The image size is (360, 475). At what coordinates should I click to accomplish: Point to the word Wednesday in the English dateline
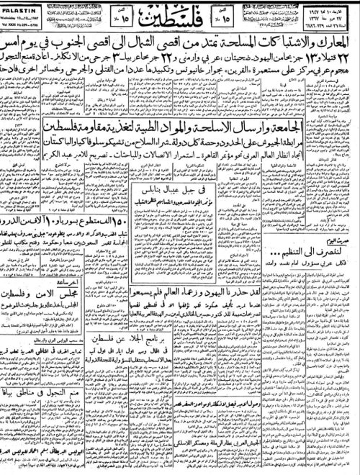pyautogui.click(x=17, y=13)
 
